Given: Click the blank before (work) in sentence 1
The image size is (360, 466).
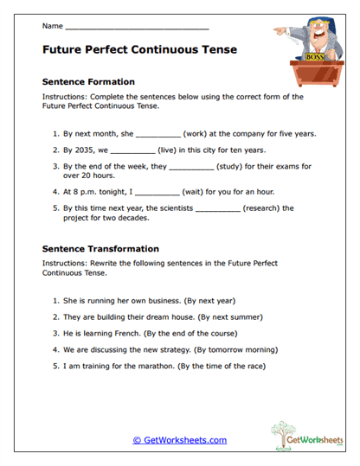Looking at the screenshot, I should tap(157, 134).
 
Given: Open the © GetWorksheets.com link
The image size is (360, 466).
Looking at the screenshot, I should tap(179, 440).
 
